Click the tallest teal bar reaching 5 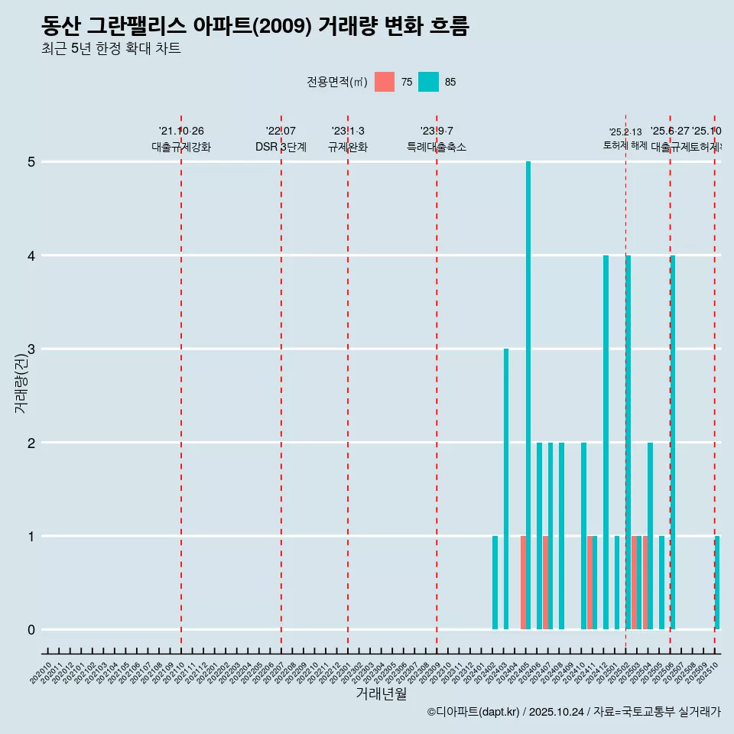[528, 395]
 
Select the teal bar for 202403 [506, 489]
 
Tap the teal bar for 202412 [606, 442]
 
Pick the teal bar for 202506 [673, 442]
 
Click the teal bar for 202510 [717, 583]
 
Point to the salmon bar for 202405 [523, 583]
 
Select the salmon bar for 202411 [589, 583]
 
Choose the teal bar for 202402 [495, 583]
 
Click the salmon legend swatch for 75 [385, 82]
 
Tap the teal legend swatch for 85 [428, 82]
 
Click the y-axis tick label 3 [31, 349]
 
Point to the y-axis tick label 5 [31, 162]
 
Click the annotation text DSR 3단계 [281, 147]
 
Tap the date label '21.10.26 [181, 132]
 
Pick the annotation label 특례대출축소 [436, 147]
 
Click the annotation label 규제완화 [348, 147]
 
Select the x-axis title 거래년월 [381, 694]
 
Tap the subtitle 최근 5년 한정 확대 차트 [111, 49]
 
